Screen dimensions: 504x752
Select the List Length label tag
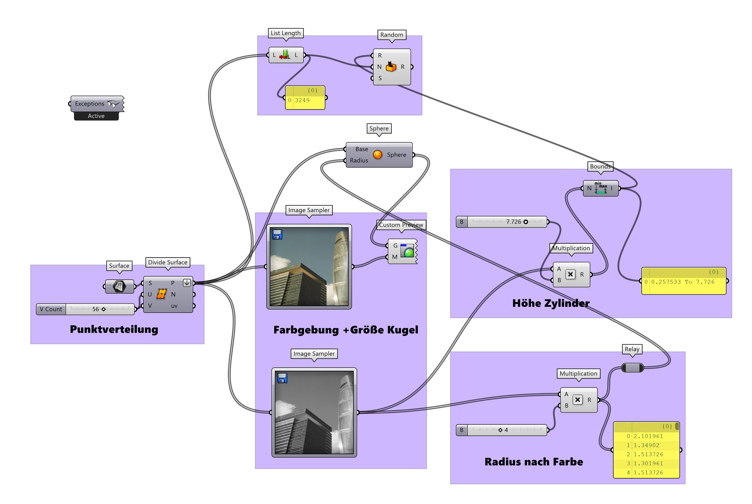coord(285,33)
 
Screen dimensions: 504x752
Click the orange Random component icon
coord(391,66)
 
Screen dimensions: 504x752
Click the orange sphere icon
coord(377,155)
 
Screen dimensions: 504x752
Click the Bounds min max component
coord(600,188)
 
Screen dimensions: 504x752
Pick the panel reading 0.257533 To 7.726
coord(683,282)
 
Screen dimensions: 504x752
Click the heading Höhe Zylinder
coord(551,303)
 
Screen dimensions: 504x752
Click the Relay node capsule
coord(632,367)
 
